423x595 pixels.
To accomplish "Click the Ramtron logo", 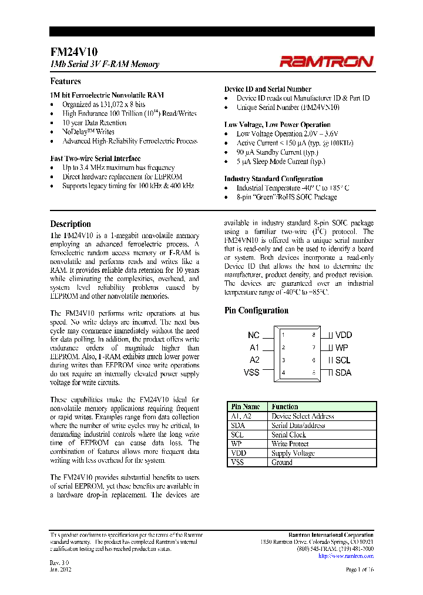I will point(325,61).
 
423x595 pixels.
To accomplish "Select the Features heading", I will point(65,82).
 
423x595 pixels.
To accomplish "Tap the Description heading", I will point(70,224).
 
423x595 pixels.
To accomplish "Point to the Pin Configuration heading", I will point(256,310).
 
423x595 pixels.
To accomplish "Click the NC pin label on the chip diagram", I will point(253,335).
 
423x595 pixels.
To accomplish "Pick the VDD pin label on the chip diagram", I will point(343,335).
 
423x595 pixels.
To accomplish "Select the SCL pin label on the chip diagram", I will point(343,360).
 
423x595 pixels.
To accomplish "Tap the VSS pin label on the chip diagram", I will point(251,372).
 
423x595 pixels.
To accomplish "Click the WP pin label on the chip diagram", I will point(341,347).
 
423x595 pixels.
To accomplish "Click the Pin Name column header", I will point(246,406).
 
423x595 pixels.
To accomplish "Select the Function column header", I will point(285,406).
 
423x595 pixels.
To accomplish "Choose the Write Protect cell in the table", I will point(290,444).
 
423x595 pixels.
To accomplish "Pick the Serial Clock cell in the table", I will point(288,434).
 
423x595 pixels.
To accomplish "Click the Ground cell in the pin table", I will point(282,463).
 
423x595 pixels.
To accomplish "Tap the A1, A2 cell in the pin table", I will point(241,416).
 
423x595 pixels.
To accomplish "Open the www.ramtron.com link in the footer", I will point(350,556).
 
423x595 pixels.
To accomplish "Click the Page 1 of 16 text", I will point(358,570).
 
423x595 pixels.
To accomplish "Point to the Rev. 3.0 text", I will point(59,563).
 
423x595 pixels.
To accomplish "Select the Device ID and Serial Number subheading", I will point(267,89).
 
